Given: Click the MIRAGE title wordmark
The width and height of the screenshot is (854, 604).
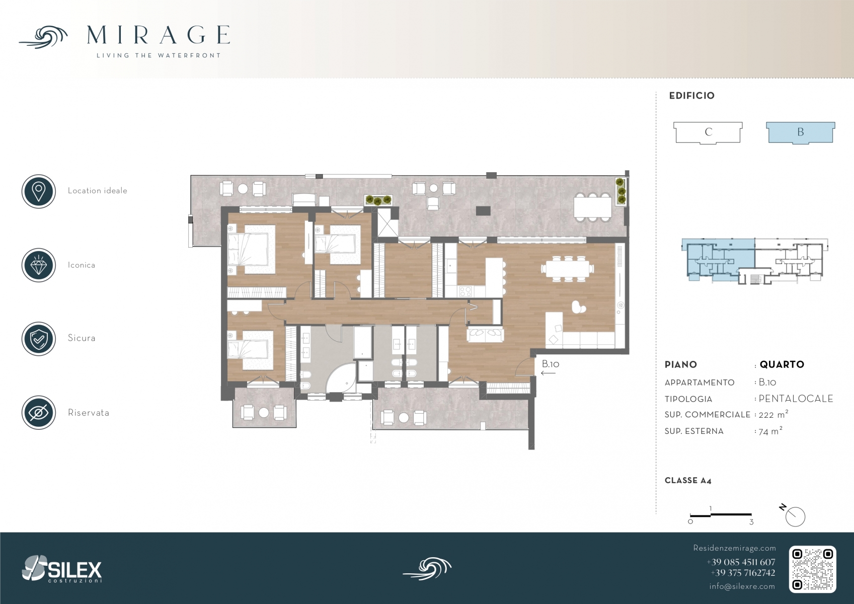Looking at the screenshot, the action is [158, 35].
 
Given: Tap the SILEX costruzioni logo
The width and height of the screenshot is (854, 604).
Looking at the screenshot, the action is [62, 569].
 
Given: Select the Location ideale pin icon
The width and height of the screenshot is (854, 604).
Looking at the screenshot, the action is [39, 191].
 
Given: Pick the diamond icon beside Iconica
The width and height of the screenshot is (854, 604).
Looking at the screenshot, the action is [39, 265].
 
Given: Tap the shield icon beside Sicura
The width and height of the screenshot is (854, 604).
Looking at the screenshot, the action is [39, 339].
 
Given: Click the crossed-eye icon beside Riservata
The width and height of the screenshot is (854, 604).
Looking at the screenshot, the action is [39, 413].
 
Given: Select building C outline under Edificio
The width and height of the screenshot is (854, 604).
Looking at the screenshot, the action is [708, 132].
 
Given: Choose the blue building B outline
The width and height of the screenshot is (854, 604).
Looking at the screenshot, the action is [801, 132].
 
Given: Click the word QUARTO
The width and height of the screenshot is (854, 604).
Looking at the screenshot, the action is [782, 364].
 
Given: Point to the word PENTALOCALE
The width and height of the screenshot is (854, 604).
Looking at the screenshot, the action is [796, 399].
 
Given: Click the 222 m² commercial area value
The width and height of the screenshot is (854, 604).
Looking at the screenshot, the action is [773, 414].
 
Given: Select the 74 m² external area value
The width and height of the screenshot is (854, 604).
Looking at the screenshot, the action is [770, 431].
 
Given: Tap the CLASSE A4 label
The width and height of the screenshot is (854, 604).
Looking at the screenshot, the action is [688, 481].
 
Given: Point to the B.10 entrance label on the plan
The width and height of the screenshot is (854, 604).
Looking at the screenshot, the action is [551, 364].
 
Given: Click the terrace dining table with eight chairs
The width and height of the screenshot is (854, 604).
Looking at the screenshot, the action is [593, 207].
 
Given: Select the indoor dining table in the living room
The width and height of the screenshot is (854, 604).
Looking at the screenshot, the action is [567, 268].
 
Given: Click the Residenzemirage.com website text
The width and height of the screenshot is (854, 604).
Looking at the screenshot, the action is [734, 548].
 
